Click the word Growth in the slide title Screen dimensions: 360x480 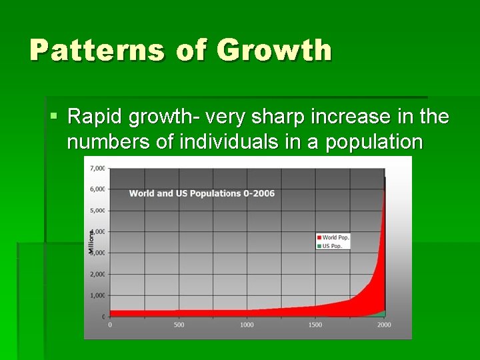pyautogui.click(x=274, y=51)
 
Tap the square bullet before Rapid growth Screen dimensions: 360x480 pyautogui.click(x=54, y=117)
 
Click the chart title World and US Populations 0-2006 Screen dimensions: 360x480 pyautogui.click(x=201, y=193)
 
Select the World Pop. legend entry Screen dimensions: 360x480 pyautogui.click(x=335, y=237)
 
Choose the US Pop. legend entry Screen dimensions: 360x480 pyautogui.click(x=331, y=245)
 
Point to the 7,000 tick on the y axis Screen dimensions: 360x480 pyautogui.click(x=97, y=168)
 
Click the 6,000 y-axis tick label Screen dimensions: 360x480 pyautogui.click(x=97, y=189)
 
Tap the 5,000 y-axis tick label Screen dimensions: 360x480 pyautogui.click(x=97, y=211)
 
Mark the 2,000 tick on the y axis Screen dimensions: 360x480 pyautogui.click(x=97, y=274)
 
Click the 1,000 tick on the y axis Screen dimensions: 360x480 pyautogui.click(x=97, y=295)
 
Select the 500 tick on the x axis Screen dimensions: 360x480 pyautogui.click(x=179, y=325)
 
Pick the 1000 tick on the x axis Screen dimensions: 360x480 pyautogui.click(x=247, y=325)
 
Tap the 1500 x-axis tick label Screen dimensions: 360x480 pyautogui.click(x=315, y=325)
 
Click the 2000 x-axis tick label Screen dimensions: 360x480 pyautogui.click(x=383, y=325)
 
